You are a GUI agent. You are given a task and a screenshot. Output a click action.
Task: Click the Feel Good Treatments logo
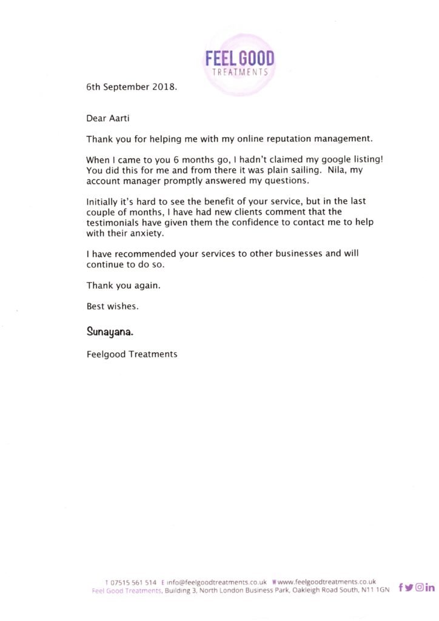pyautogui.click(x=240, y=64)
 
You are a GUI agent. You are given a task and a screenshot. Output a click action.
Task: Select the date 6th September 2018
pyautogui.click(x=132, y=87)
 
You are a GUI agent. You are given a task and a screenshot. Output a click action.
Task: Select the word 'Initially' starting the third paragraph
pyautogui.click(x=104, y=201)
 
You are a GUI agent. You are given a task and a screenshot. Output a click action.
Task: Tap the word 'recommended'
pyautogui.click(x=145, y=253)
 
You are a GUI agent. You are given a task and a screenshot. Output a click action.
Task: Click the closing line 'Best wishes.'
pyautogui.click(x=113, y=306)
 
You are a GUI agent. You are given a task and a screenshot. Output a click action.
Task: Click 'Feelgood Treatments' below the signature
pyautogui.click(x=132, y=354)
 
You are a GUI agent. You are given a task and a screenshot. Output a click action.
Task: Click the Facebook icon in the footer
pyautogui.click(x=401, y=587)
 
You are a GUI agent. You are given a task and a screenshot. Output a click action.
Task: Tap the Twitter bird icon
pyautogui.click(x=409, y=587)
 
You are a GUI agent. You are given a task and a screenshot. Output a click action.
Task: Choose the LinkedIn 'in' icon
pyautogui.click(x=430, y=587)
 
